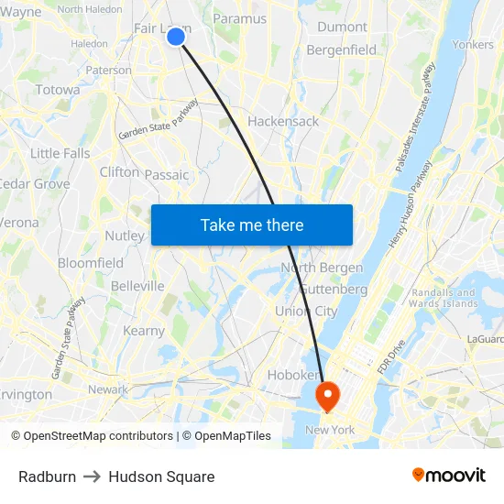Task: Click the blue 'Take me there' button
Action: (x=252, y=225)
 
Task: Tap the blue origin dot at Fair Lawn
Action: (x=176, y=36)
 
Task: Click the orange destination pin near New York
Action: (x=327, y=395)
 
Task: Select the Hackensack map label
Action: (x=283, y=121)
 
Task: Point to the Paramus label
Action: (x=239, y=18)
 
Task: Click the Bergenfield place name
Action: (x=341, y=50)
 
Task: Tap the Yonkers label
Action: (x=473, y=44)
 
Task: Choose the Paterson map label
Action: (x=108, y=70)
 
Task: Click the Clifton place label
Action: (x=119, y=171)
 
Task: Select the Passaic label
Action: (x=166, y=174)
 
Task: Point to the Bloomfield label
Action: (x=90, y=263)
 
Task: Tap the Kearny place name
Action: (x=144, y=331)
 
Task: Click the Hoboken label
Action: (x=292, y=375)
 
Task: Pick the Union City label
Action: (x=306, y=311)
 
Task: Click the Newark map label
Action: (x=108, y=389)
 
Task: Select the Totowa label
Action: (x=58, y=90)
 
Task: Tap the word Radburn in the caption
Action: (x=47, y=477)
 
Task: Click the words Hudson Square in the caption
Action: (x=161, y=477)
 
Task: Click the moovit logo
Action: (x=449, y=475)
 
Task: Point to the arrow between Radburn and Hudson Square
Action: (x=93, y=477)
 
